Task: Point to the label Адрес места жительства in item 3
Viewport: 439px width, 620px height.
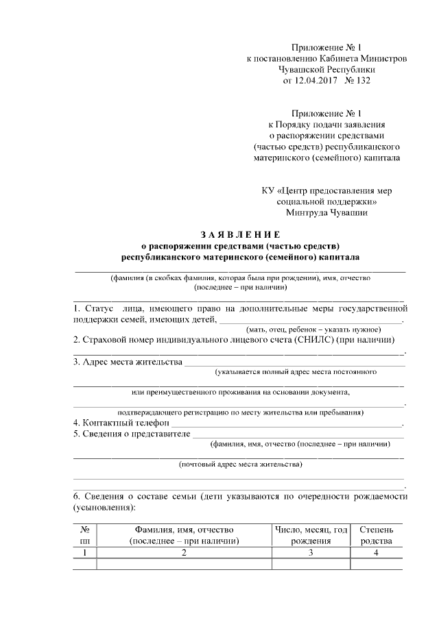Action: (128, 362)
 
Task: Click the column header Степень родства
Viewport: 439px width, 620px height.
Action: (376, 535)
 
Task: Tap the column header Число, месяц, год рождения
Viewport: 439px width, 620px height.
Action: (311, 535)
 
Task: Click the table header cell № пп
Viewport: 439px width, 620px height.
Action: (85, 535)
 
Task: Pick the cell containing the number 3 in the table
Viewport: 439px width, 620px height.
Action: (311, 552)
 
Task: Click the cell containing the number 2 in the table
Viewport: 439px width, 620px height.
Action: (184, 552)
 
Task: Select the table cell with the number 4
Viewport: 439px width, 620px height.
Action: (376, 552)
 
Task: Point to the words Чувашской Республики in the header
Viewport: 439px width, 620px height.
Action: (327, 70)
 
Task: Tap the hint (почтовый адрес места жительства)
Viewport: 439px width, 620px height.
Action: (239, 465)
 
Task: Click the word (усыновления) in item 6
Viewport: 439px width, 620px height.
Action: (104, 508)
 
